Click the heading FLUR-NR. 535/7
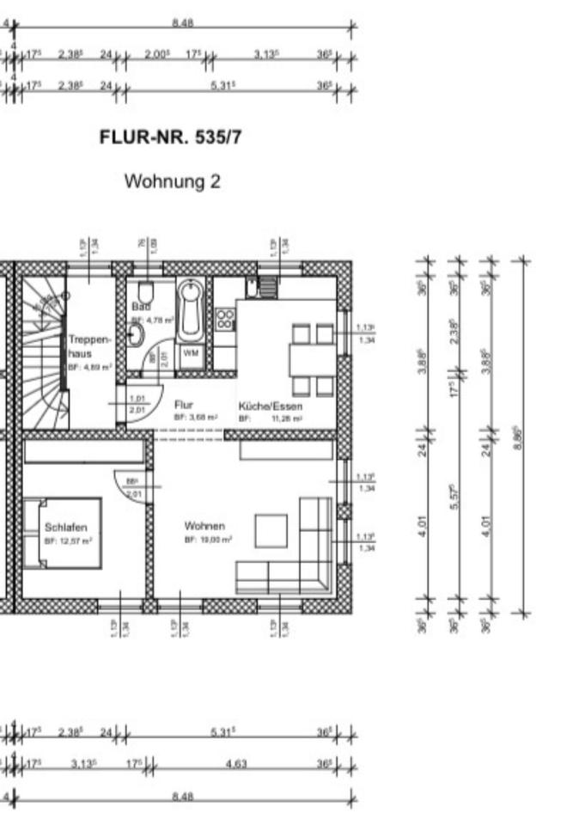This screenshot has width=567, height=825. tap(170, 137)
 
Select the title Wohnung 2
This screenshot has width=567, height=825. tap(173, 181)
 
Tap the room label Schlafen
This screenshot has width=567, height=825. tap(65, 527)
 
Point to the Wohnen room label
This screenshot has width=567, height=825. tap(204, 526)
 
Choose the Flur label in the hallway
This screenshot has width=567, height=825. tap(184, 404)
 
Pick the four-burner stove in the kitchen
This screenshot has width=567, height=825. tap(224, 320)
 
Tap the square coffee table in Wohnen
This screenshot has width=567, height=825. tap(271, 530)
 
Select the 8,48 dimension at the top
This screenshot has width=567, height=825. tap(181, 24)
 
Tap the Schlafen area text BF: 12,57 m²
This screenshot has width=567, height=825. tap(68, 541)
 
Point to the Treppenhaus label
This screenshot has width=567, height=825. tap(89, 345)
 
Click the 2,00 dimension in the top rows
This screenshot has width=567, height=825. tap(156, 54)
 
